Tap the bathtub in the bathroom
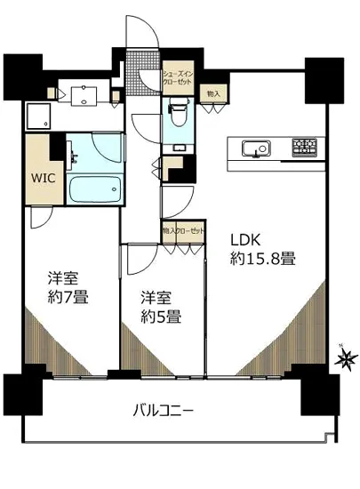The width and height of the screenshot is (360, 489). point(95,189)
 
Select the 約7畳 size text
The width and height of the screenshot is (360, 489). point(68,296)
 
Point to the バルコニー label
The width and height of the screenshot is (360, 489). point(163,411)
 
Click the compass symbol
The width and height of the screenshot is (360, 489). point(345,360)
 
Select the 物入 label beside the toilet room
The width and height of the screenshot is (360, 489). point(212,93)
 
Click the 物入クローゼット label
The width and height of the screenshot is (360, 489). point(182,230)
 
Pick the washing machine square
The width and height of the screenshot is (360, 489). point(39,116)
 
